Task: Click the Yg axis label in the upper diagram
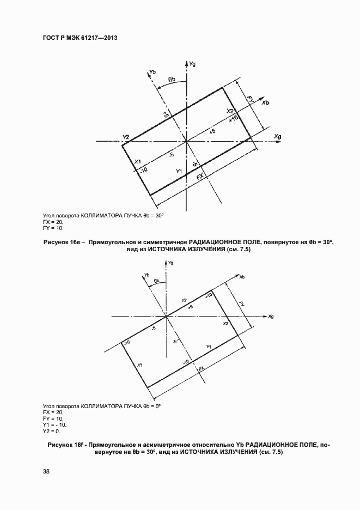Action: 192,64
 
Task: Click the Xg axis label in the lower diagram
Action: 271,316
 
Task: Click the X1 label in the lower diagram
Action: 140,365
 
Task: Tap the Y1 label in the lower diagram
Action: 209,347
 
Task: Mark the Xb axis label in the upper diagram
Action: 265,102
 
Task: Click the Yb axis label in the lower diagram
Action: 147,275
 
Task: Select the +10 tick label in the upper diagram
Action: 234,118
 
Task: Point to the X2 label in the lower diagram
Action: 225,324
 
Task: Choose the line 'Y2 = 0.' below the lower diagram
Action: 53,431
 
